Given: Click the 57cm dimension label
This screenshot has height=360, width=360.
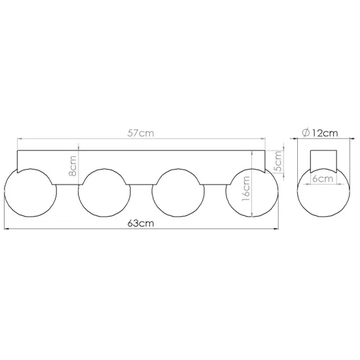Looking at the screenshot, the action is click(141, 134).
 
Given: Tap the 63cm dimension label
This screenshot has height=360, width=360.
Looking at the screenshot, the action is click(141, 223).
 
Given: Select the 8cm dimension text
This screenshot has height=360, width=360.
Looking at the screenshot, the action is click(73, 166).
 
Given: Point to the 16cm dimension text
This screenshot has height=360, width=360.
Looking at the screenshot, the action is click(246, 189).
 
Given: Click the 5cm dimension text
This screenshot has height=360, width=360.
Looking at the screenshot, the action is click(278, 161).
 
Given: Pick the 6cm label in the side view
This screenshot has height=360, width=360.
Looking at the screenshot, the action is click(323, 179).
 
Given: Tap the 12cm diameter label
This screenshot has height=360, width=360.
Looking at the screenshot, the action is click(325, 133).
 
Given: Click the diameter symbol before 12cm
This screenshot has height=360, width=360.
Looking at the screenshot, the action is click(306, 133).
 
